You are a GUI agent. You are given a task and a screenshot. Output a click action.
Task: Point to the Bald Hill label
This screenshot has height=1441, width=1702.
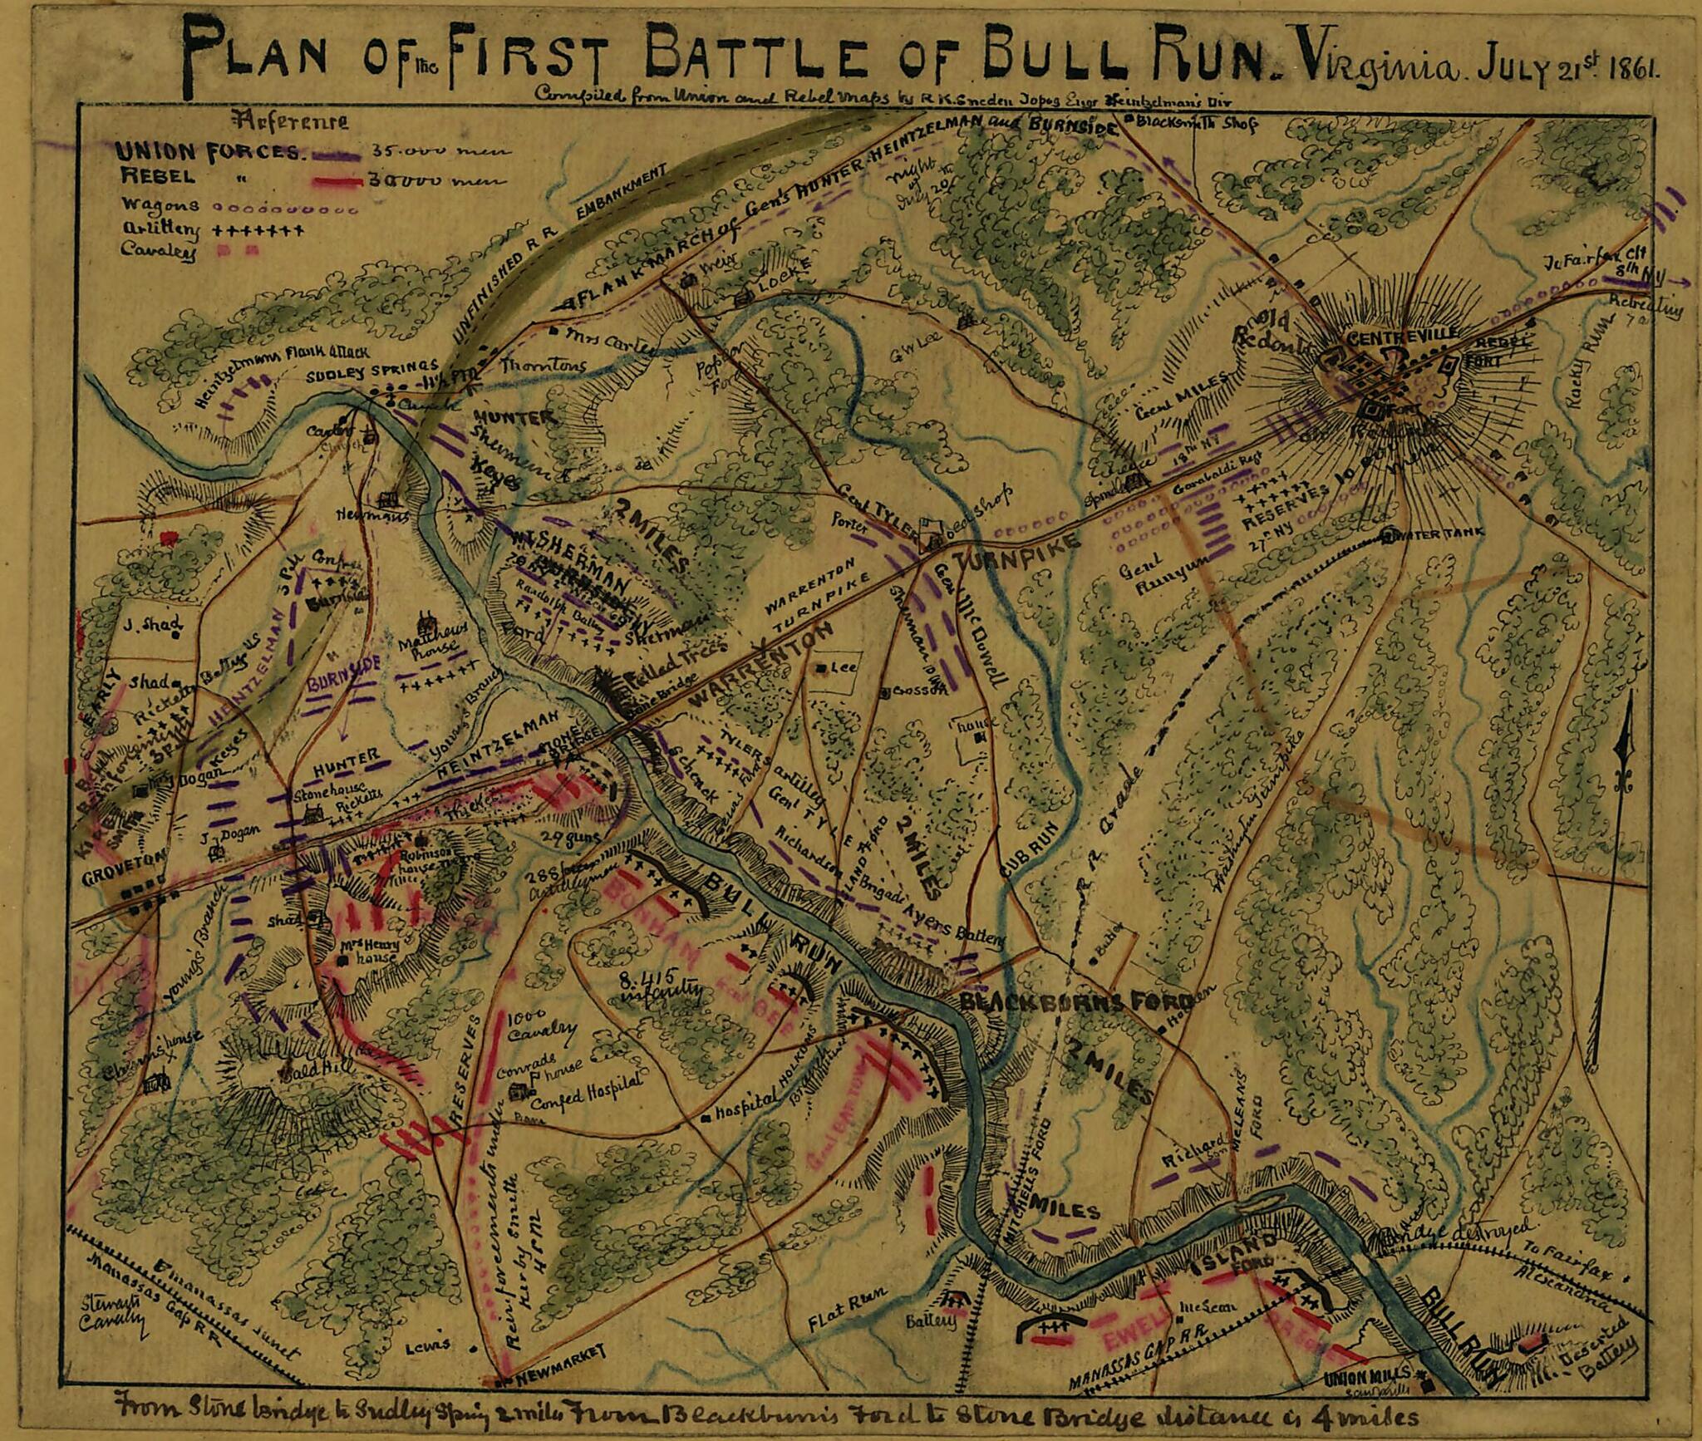304,1070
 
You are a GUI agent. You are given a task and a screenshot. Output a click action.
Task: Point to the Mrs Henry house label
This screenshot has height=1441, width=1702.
371,952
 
